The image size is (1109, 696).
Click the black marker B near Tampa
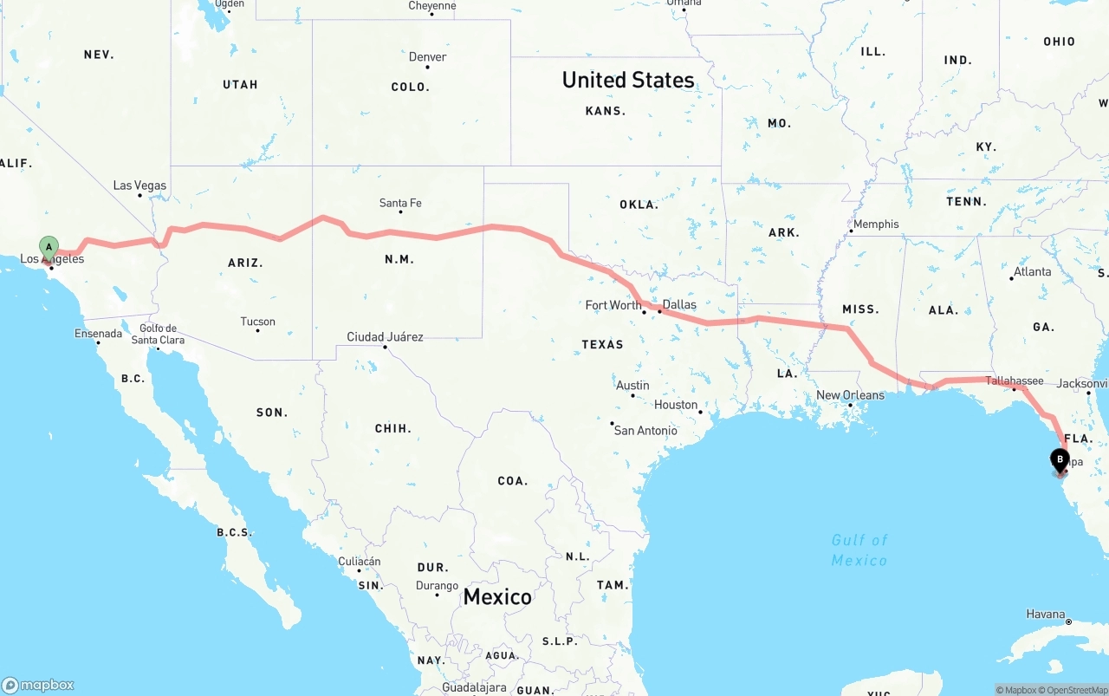click(1060, 460)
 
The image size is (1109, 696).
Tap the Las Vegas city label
click(139, 185)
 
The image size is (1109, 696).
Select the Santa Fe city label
click(400, 203)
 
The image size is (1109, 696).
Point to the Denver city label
click(427, 57)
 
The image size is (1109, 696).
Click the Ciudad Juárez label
click(385, 336)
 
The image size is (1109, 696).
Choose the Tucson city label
click(257, 322)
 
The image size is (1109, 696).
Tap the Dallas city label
click(679, 304)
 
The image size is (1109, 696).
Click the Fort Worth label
click(613, 305)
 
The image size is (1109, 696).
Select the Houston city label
click(676, 405)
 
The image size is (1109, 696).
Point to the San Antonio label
click(645, 430)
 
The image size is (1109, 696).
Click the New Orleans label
click(850, 395)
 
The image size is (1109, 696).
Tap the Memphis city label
click(876, 224)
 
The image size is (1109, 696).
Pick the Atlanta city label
click(1032, 271)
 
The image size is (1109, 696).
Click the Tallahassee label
click(1014, 381)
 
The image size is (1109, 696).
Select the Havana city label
click(1045, 615)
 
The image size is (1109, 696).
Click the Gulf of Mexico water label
click(859, 550)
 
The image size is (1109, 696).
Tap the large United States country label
click(628, 80)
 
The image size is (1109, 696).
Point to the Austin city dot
click(632, 396)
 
